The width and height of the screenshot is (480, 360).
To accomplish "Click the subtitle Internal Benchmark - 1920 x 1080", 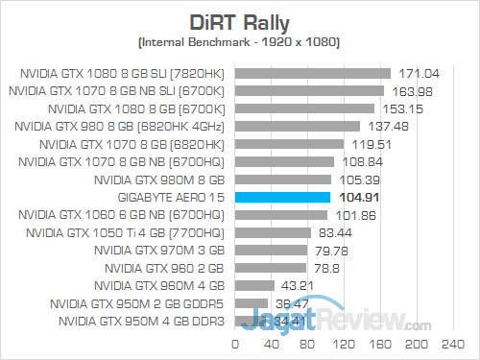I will [x=239, y=43].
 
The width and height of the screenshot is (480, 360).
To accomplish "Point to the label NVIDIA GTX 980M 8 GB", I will [x=164, y=179].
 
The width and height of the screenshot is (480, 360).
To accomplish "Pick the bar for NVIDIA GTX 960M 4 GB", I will [x=252, y=286].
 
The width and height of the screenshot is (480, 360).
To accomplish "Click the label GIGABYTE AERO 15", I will [x=172, y=197].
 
